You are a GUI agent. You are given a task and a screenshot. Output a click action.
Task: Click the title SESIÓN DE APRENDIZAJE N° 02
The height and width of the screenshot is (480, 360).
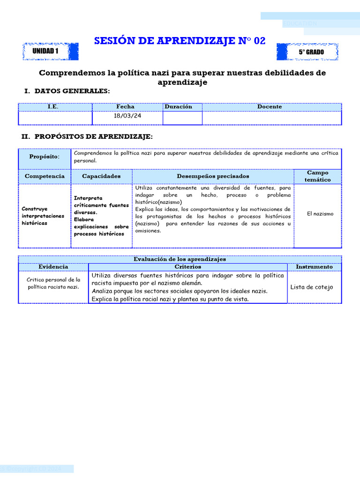pos(180,41)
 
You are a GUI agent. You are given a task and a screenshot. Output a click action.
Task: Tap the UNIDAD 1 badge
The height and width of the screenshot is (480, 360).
pos(45,52)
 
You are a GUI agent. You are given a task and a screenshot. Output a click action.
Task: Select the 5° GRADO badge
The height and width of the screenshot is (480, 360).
pos(311,52)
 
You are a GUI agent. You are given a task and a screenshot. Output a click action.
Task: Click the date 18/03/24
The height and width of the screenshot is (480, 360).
pos(127,116)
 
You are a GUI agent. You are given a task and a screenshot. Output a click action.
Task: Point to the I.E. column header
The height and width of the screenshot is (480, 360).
pos(53,107)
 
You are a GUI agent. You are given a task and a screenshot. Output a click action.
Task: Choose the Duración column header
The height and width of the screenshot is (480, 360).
pos(178,107)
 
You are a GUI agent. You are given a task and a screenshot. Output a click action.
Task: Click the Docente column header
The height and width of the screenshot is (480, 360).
pos(270,107)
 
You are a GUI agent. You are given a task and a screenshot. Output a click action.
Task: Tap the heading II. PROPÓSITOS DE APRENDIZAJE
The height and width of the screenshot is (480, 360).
pos(87,136)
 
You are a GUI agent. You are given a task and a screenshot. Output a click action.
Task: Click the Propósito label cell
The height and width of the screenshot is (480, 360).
pos(45,157)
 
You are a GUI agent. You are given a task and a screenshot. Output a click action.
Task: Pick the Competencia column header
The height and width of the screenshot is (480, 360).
pos(45,176)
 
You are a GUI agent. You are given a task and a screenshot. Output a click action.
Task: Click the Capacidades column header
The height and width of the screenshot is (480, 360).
pos(101,176)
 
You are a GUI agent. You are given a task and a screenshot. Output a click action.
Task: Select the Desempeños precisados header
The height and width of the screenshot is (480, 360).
pos(213,176)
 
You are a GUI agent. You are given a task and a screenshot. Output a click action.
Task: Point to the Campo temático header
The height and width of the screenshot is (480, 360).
pos(317,176)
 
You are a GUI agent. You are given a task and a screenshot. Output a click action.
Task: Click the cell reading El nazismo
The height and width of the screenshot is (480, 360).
pos(320,214)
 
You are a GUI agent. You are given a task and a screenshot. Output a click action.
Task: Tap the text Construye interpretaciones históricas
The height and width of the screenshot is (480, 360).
pos(43,216)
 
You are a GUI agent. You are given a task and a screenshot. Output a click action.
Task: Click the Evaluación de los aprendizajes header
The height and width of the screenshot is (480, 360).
pos(180,259)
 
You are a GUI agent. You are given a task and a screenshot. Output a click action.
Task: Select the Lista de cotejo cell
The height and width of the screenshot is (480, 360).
pos(312,287)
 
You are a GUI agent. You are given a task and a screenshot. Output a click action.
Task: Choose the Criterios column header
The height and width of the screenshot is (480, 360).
pos(187,267)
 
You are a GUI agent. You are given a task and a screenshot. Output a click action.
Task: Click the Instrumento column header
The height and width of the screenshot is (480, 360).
pos(314,267)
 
